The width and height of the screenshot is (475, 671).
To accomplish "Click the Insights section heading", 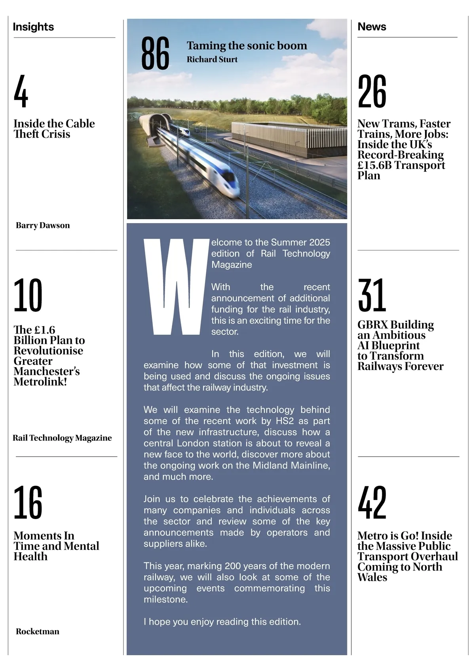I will [x=33, y=27].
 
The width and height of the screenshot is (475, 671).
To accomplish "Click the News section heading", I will [x=372, y=27].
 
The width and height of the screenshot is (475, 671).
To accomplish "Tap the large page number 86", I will [x=155, y=53].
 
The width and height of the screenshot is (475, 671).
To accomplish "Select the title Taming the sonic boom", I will [x=247, y=45].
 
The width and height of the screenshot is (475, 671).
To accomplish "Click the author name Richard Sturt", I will [x=212, y=59].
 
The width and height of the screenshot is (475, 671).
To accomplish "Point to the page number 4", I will [x=21, y=91].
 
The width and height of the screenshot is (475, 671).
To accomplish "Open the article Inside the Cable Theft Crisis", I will [x=54, y=129].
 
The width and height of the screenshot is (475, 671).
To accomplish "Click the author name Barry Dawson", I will [x=43, y=226].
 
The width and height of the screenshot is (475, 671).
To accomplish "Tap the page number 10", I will [x=28, y=295].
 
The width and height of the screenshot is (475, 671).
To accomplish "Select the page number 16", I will [x=28, y=502].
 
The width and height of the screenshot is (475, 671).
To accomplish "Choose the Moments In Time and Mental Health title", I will [x=56, y=546].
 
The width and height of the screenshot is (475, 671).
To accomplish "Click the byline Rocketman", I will [x=38, y=631].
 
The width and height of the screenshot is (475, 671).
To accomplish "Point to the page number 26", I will [x=372, y=91].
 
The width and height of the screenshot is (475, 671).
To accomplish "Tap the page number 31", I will [x=372, y=295].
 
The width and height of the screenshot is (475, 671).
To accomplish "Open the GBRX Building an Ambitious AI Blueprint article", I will [x=400, y=345].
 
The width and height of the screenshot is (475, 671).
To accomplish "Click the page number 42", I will [x=372, y=502].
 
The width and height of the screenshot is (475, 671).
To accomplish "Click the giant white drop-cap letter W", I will [x=176, y=287].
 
